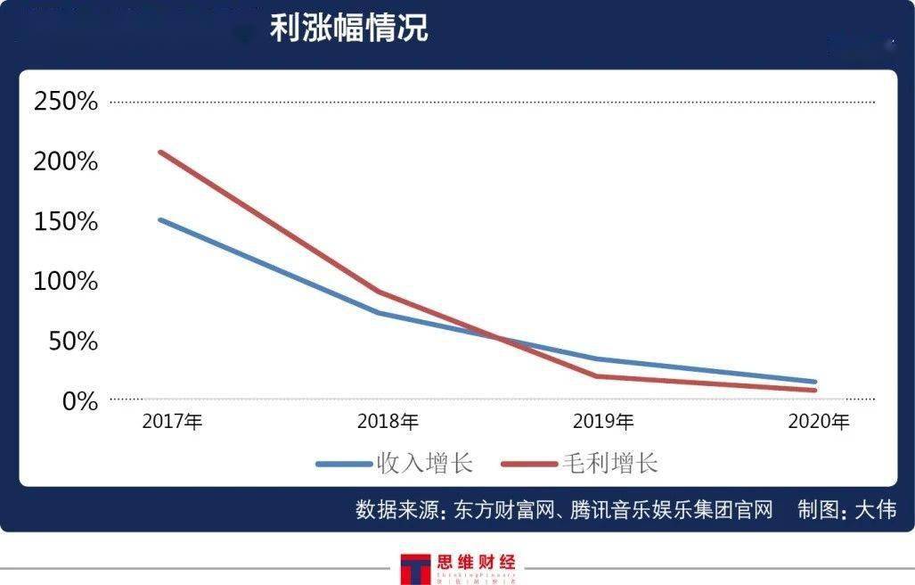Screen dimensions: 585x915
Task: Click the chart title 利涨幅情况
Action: (348, 28)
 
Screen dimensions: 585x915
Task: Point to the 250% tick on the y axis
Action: (65, 102)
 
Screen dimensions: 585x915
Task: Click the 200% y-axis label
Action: (65, 161)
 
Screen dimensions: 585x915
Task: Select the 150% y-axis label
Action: (65, 221)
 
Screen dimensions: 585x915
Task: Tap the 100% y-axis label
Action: (65, 282)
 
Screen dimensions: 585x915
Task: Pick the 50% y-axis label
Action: (70, 342)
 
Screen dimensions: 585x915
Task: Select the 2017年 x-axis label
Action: (173, 422)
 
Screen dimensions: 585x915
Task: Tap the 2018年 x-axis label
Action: (388, 422)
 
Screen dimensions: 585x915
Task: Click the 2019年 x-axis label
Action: (603, 422)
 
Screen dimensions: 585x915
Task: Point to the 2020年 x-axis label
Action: (819, 422)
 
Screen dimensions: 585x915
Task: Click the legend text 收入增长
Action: (424, 464)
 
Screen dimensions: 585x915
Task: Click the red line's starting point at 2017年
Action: (159, 152)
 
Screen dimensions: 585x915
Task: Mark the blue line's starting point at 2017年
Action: (159, 219)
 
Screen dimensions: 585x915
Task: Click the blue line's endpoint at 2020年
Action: (814, 382)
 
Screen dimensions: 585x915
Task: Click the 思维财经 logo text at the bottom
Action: (476, 564)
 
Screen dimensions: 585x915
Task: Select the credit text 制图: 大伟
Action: (846, 510)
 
